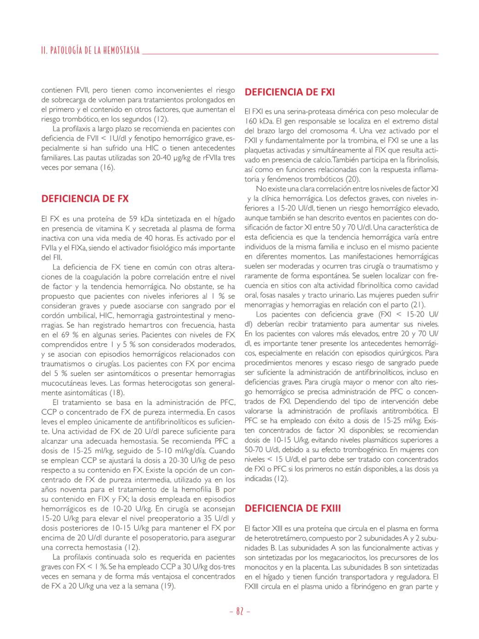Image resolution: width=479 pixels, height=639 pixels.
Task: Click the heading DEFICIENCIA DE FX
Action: (85, 199)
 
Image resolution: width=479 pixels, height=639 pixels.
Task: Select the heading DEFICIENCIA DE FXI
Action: (290, 92)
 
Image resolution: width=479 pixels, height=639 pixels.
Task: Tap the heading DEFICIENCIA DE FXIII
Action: (293, 509)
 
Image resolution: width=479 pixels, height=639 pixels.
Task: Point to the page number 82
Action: (240, 611)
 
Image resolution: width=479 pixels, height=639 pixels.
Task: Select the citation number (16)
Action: (107, 168)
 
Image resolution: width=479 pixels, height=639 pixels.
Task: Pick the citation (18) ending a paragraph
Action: (117, 393)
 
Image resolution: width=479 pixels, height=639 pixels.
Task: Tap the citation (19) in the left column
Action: (167, 586)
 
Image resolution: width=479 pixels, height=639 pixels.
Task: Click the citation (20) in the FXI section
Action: (353, 179)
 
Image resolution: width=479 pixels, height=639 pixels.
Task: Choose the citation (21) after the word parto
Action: (418, 305)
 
